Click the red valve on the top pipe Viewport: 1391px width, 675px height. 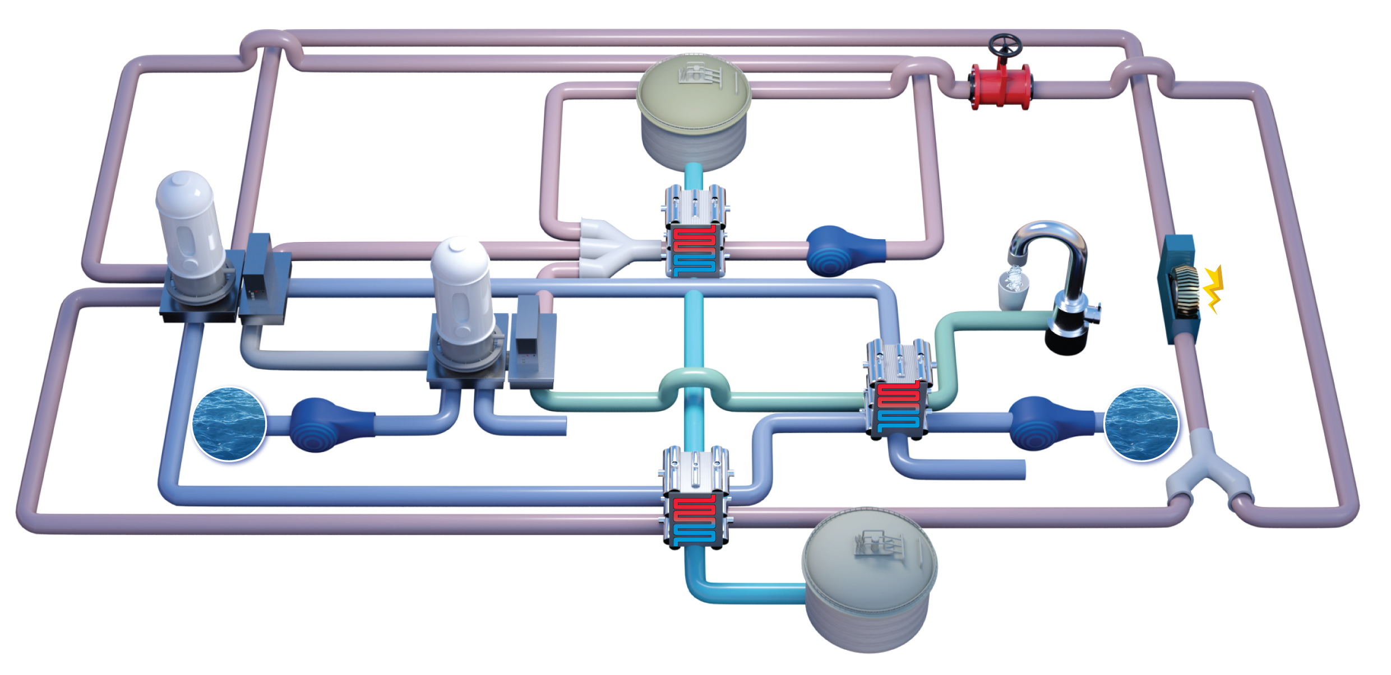[x=1001, y=87]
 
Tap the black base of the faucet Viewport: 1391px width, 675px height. [x=1065, y=336]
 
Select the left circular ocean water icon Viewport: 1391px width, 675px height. [x=229, y=424]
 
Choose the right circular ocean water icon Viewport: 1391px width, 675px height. [x=1141, y=424]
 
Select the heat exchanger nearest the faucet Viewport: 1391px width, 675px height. [x=899, y=389]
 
